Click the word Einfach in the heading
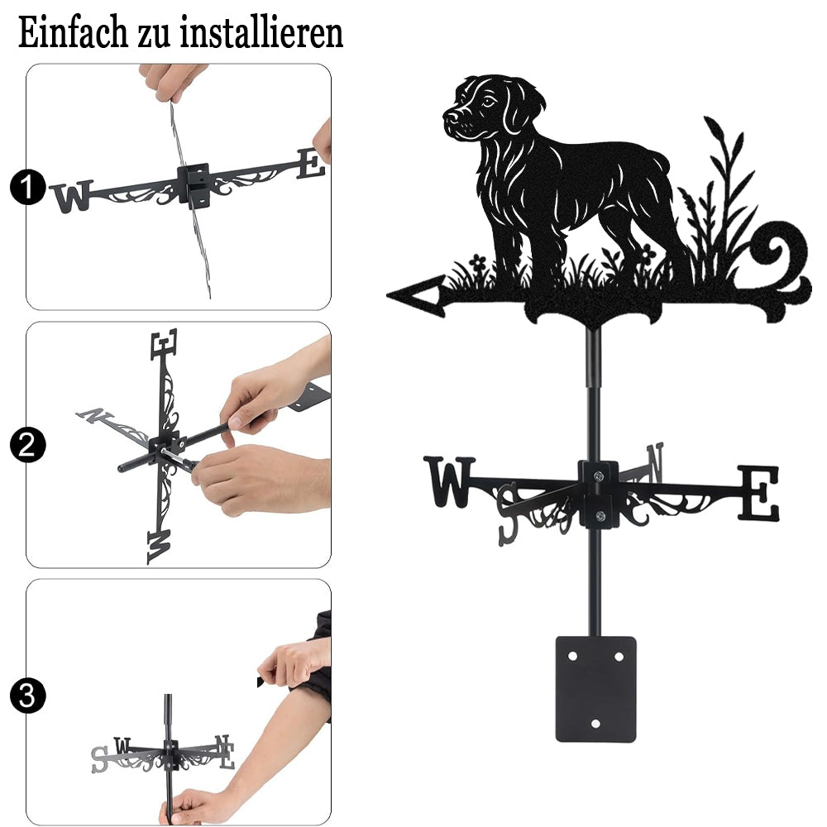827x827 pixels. pos(74,33)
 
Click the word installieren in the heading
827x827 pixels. pos(261,33)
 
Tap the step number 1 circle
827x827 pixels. pos(27,187)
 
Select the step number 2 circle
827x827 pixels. pos(27,445)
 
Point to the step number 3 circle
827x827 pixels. pos(27,696)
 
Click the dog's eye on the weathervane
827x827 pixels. pos(489,102)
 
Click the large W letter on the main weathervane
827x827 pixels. pos(450,481)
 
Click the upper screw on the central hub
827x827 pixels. pos(598,476)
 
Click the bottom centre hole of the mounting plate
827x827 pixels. pos(595,724)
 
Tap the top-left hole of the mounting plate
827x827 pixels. pos(572,657)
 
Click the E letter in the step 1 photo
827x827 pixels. pos(311,164)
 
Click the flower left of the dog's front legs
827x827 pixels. pos(478,262)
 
